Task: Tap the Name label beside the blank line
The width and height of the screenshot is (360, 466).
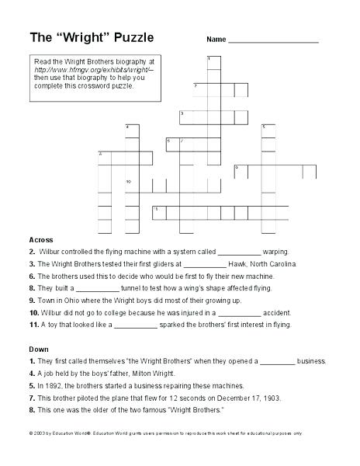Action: (x=216, y=39)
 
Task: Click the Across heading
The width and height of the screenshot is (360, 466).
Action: (x=40, y=239)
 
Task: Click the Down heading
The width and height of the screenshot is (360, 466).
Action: (x=38, y=349)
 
